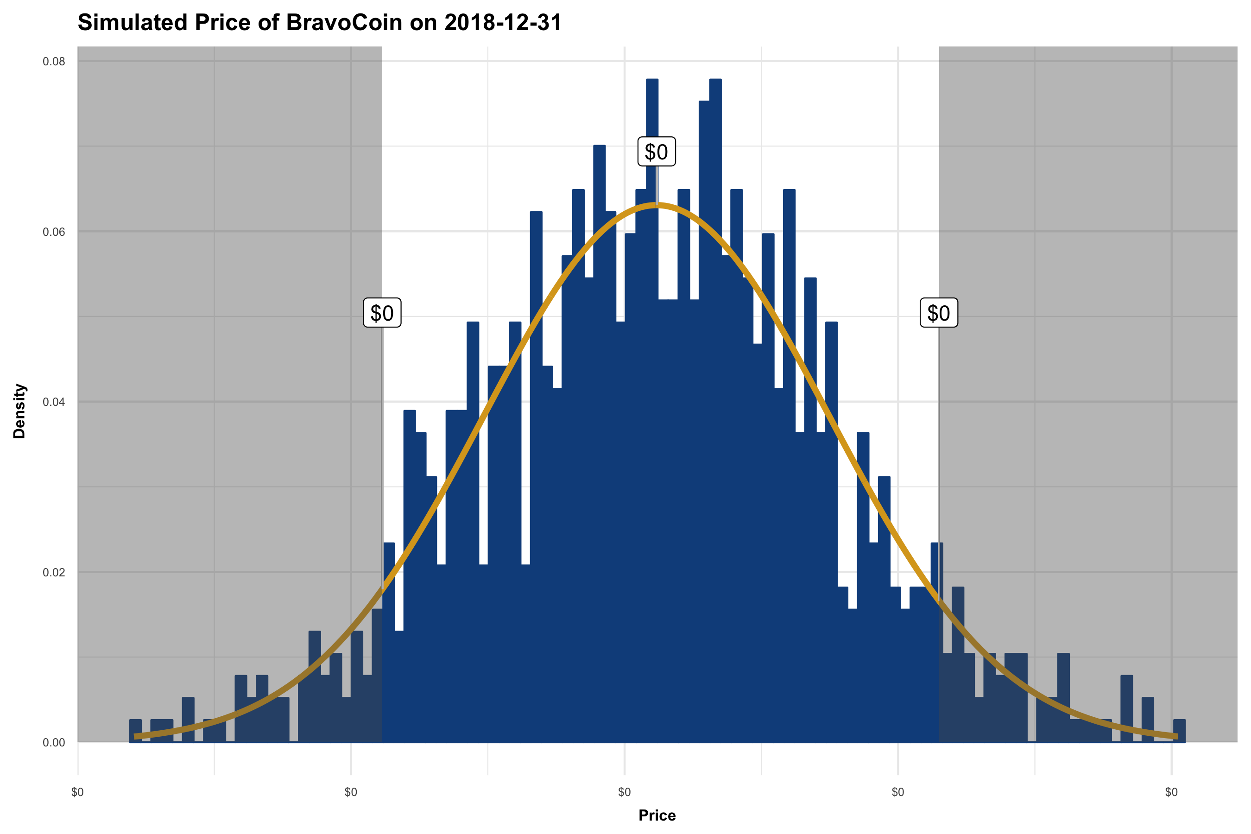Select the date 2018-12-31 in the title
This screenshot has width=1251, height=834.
(503, 23)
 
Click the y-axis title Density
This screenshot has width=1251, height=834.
(19, 411)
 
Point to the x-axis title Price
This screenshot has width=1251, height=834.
(657, 815)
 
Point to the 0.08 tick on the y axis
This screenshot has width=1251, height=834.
(54, 62)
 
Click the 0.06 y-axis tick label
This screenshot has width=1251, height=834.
(54, 232)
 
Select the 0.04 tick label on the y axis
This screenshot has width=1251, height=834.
(54, 402)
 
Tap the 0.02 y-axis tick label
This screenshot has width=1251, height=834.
(54, 572)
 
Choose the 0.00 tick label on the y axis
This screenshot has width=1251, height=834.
(54, 743)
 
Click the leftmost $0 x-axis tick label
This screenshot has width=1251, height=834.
(78, 792)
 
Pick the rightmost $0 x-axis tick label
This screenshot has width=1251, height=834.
(1171, 792)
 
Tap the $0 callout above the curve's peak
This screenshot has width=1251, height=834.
(657, 152)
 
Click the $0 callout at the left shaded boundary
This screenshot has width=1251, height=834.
(382, 313)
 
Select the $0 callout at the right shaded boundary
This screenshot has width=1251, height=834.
(938, 313)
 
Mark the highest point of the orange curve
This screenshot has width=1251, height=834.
(657, 205)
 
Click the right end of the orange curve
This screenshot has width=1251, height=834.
(1176, 737)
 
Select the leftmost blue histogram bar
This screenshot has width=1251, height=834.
(136, 731)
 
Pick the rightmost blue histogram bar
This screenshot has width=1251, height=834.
(1179, 731)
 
